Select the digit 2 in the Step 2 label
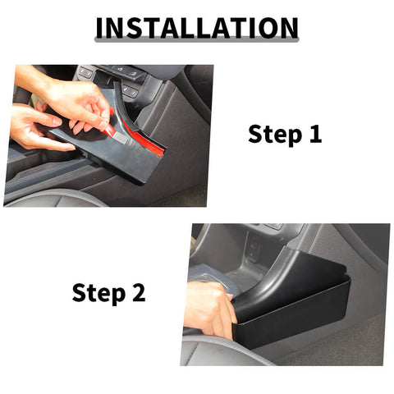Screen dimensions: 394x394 point(139,291)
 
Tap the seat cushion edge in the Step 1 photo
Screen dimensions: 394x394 point(57,197)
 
